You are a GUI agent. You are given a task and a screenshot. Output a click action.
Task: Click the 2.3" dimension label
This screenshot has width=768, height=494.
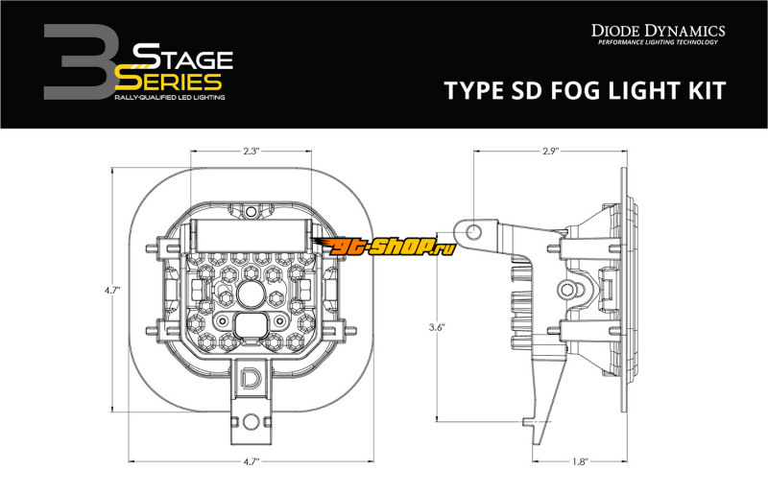[x=251, y=152]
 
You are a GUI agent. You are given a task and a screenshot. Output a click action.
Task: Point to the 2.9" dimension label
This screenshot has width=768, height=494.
[x=550, y=152]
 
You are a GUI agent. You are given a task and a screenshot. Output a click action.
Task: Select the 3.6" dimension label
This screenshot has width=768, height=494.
[x=437, y=327]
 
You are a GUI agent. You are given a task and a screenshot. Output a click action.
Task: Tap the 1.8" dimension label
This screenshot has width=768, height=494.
[x=580, y=461]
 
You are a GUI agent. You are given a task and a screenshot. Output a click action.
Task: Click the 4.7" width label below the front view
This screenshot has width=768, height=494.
[x=251, y=461]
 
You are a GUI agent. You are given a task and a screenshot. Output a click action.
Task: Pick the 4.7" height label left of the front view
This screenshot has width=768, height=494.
[x=112, y=290]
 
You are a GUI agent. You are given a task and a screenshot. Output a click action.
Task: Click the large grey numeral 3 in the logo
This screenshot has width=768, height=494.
[x=80, y=62]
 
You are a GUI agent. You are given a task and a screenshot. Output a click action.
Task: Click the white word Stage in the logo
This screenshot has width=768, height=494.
[x=182, y=57]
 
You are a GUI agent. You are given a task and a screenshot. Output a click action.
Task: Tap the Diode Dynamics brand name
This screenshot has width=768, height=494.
[x=658, y=31]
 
